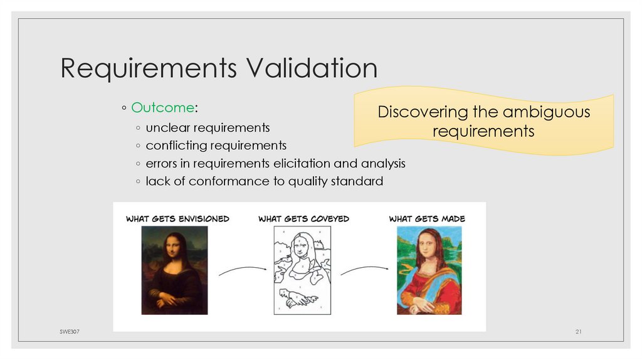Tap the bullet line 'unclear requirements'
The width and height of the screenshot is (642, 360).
tap(208, 128)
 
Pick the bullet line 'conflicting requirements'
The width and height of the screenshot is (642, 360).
tap(216, 146)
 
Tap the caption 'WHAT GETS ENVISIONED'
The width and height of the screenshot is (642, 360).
tap(177, 219)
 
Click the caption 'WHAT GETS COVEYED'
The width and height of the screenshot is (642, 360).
tap(303, 219)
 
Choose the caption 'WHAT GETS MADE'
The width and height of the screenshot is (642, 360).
tap(427, 219)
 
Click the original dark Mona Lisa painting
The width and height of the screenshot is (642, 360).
tap(174, 270)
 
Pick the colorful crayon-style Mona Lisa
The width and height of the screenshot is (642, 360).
tap(429, 270)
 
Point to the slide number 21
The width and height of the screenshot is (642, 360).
tap(579, 331)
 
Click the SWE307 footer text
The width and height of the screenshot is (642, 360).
tap(63, 331)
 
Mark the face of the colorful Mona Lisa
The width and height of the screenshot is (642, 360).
tap(427, 243)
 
